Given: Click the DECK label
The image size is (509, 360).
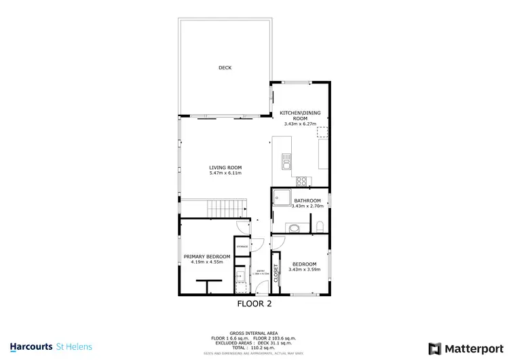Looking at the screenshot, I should (x=225, y=68).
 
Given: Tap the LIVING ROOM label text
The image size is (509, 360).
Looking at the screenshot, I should (x=225, y=167).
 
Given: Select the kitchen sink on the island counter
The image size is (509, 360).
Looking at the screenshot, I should (x=287, y=162).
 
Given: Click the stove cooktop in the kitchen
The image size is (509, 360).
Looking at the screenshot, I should (x=301, y=180).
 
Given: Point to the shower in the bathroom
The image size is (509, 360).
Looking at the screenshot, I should (x=281, y=197).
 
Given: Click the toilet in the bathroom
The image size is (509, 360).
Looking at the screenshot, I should (x=318, y=225).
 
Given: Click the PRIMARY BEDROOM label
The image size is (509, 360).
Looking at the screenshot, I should (x=207, y=256).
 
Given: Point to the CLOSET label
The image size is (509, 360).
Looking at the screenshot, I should (x=276, y=273).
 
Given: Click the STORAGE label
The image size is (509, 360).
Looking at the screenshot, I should (x=242, y=245).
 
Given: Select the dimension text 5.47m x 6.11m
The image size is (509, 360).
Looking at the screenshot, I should (x=225, y=173).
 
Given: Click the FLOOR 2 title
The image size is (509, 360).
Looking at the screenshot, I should (x=254, y=304).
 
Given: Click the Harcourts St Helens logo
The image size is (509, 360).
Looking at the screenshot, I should (x=52, y=346).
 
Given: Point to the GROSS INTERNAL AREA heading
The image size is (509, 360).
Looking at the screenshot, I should (x=254, y=333).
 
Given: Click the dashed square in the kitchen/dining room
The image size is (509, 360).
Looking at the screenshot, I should (x=323, y=132).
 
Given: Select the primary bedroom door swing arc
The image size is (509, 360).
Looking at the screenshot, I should (x=241, y=228).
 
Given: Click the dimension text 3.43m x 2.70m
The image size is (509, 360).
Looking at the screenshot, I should (x=307, y=206).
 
